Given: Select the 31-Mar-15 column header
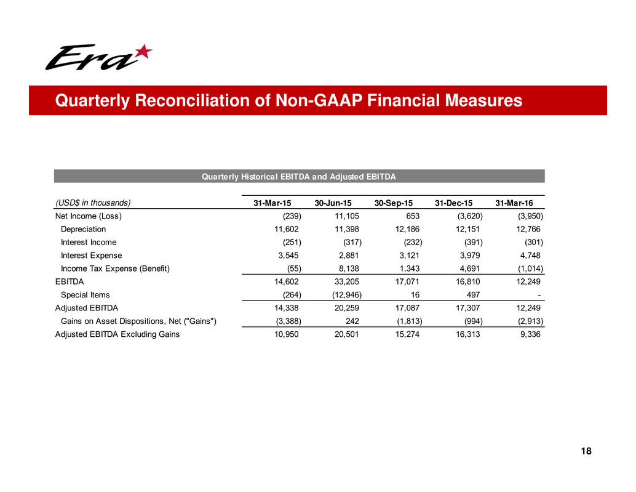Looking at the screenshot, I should (x=274, y=203).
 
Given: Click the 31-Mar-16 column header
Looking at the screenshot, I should (x=515, y=203).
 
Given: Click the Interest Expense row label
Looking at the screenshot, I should (x=91, y=256).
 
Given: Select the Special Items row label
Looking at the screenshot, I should (x=85, y=295).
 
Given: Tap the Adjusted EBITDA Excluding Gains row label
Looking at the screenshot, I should (x=117, y=334).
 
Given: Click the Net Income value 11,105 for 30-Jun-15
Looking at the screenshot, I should (x=339, y=216).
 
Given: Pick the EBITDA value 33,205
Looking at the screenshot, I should (x=339, y=282).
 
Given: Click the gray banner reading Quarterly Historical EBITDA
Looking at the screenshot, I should (x=299, y=177).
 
